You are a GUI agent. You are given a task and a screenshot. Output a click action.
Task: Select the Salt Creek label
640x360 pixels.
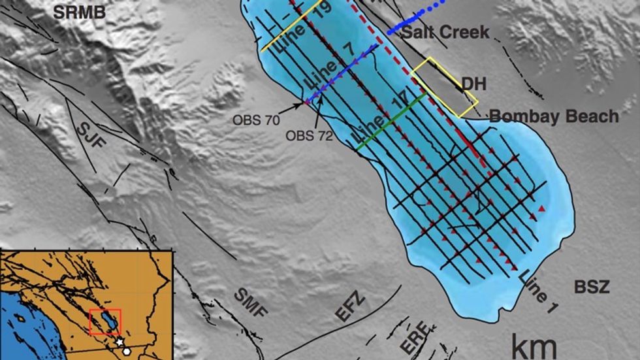click(x=445, y=32)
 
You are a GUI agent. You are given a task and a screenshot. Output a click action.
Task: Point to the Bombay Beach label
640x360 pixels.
click(x=554, y=116)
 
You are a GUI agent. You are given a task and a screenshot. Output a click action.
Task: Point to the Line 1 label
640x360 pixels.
click(x=539, y=292)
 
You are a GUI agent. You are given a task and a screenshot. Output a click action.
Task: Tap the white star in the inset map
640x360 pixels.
click(x=120, y=342)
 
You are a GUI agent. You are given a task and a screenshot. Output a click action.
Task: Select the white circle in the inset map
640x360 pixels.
click(x=127, y=351)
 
